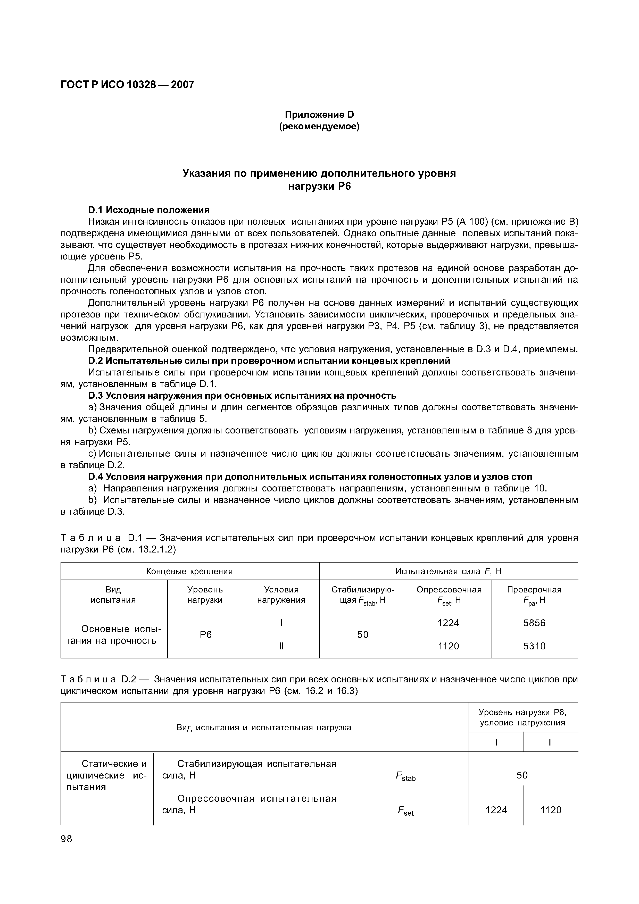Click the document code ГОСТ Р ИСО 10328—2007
point(128,85)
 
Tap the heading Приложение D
point(319,115)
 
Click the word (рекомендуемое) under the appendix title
point(319,127)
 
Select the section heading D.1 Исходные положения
point(149,210)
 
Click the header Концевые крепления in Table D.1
point(189,571)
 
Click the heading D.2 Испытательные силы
point(269,361)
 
